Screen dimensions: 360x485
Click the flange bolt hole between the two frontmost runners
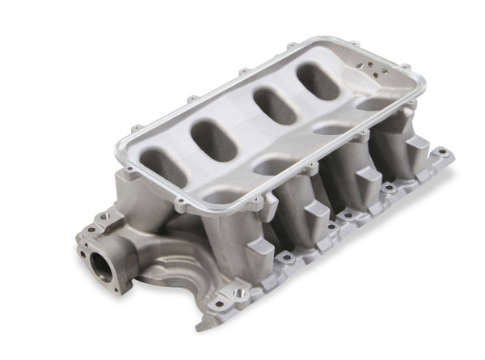pos(285,257)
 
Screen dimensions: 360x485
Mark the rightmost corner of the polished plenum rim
pos(425,75)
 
